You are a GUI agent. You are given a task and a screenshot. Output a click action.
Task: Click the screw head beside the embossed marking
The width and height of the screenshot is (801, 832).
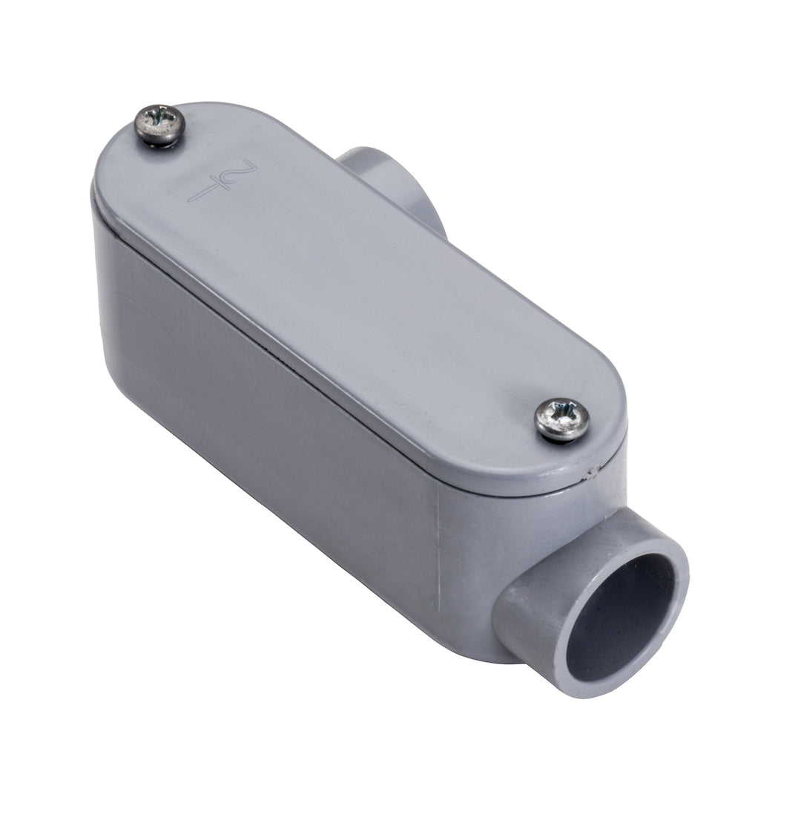tap(159, 125)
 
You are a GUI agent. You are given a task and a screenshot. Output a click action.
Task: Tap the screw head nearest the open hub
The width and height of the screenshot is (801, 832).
tap(562, 419)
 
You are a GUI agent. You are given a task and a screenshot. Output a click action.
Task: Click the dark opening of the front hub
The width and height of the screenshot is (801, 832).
tap(619, 617)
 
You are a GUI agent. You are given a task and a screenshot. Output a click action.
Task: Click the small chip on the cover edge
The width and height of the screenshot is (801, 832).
tap(591, 470)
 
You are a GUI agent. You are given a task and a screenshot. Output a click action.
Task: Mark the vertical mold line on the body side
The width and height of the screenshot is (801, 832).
tap(440, 549)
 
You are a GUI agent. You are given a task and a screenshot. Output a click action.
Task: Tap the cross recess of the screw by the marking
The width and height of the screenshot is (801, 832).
tap(159, 122)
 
